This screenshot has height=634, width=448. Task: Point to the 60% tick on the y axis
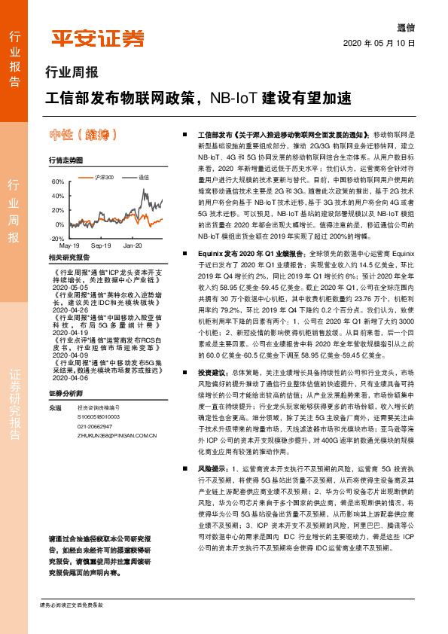pyautogui.click(x=58, y=182)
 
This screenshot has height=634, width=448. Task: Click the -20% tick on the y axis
pyautogui.click(x=57, y=239)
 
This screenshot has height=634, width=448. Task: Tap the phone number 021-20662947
pyautogui.click(x=96, y=425)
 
